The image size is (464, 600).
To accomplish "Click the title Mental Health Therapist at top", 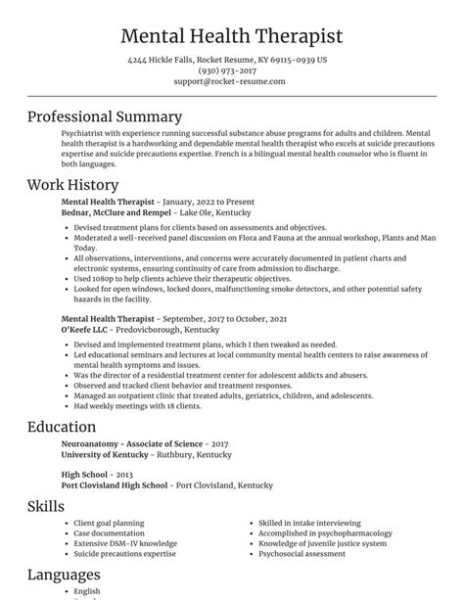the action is (232, 36).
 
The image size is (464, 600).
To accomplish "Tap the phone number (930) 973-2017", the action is (232, 70).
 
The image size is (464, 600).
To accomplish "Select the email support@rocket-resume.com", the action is (232, 81).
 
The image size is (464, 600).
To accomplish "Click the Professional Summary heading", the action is (105, 116).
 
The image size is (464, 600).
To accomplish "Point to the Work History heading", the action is (72, 184).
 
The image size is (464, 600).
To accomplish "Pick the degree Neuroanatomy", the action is (96, 443).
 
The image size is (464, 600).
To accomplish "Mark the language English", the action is (88, 590).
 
